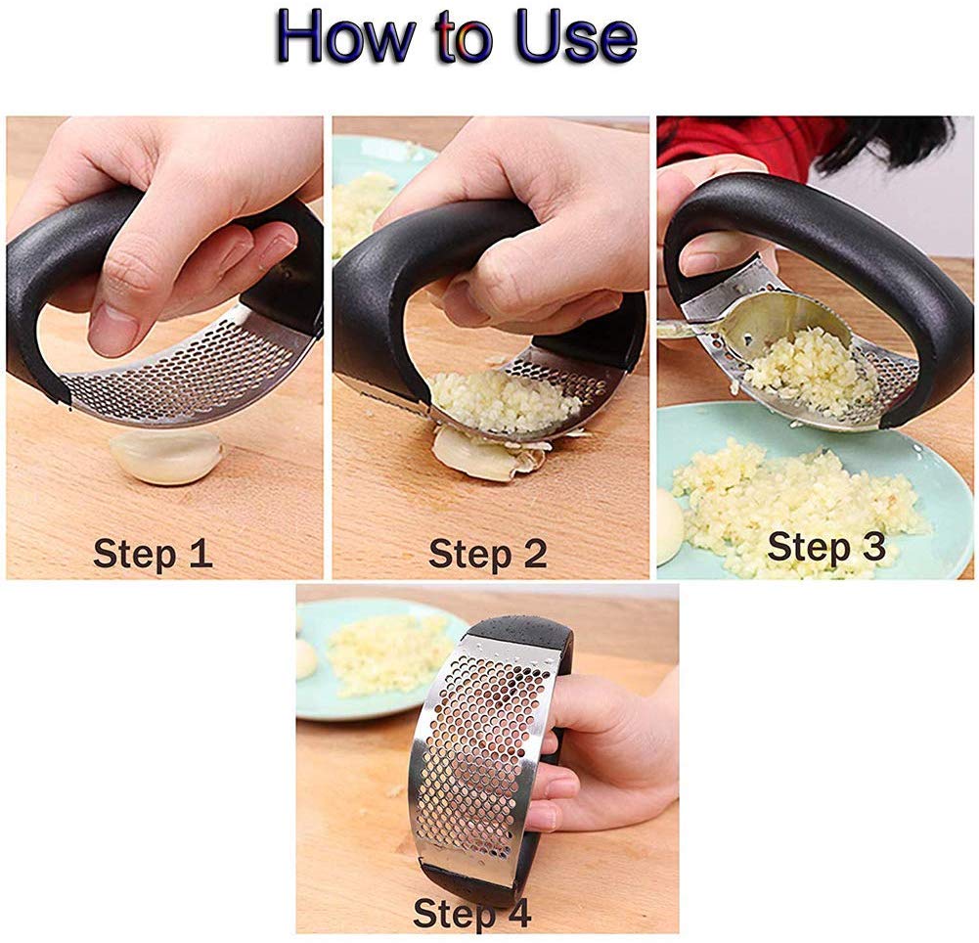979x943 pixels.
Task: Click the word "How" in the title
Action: coord(345,37)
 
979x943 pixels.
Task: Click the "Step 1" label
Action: coord(153,554)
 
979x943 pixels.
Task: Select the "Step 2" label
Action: coord(488,554)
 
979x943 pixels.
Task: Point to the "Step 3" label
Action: coord(826,548)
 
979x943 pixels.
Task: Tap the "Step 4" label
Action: coord(472,914)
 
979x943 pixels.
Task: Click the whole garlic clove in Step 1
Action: coord(165,457)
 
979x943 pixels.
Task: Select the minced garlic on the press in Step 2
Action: coord(503,400)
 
